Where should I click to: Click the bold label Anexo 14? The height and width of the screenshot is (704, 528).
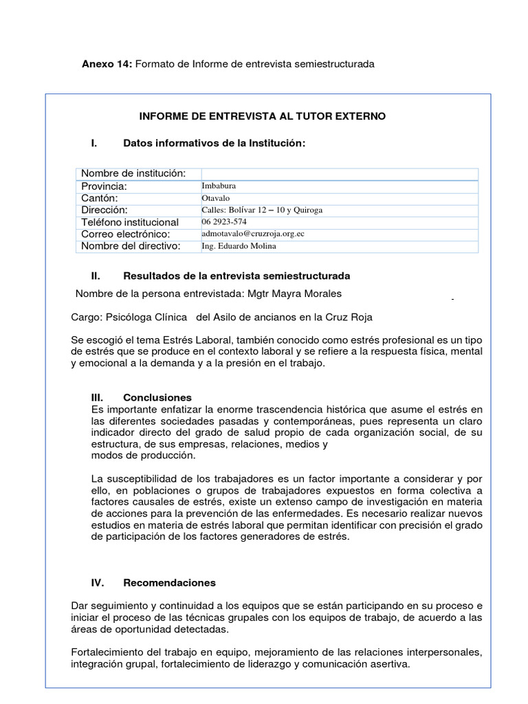click(x=107, y=64)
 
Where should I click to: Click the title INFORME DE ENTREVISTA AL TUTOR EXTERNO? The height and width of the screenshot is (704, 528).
click(x=263, y=116)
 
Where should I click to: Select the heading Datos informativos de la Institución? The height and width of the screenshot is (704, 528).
click(x=213, y=143)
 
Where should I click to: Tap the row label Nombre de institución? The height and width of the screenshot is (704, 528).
click(x=133, y=173)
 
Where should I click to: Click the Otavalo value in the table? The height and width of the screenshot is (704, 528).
click(x=216, y=198)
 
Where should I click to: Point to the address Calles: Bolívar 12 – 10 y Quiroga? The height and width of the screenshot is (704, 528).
click(x=262, y=210)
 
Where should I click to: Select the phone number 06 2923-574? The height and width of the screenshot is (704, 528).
click(x=225, y=221)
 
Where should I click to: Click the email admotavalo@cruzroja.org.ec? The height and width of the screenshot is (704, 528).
click(x=253, y=234)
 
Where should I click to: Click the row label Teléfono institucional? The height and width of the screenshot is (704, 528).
click(x=130, y=222)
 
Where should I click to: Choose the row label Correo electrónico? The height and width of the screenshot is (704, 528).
click(x=125, y=234)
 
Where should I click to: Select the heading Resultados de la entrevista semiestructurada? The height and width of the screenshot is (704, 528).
click(x=236, y=276)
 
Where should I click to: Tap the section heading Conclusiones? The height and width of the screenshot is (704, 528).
click(x=157, y=397)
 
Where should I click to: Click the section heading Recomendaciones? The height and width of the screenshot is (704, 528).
click(x=169, y=582)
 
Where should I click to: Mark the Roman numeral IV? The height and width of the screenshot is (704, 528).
click(x=97, y=582)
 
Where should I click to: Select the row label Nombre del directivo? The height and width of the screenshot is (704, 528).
click(x=131, y=246)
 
